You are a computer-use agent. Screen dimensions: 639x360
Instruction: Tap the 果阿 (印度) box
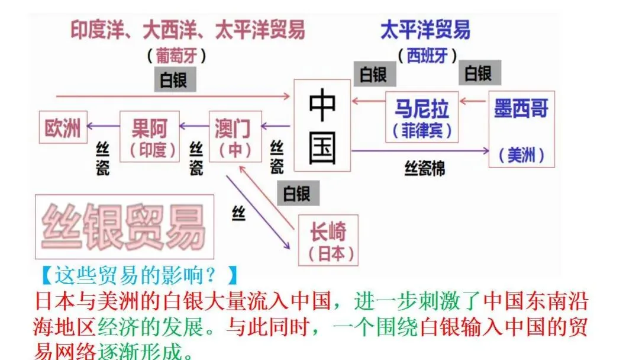(x=149, y=136)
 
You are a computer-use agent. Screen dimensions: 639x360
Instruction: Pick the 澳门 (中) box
(x=235, y=136)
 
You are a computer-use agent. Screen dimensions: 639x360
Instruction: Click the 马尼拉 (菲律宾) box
(x=422, y=117)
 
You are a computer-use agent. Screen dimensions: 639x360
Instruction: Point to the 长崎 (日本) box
(x=328, y=240)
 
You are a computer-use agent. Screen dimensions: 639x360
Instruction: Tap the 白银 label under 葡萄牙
(x=174, y=79)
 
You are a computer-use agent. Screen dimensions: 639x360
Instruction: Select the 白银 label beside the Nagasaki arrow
(x=299, y=192)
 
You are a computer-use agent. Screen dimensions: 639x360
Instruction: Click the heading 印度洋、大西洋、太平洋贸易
(x=188, y=30)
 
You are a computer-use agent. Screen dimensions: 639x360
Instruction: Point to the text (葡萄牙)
(x=177, y=56)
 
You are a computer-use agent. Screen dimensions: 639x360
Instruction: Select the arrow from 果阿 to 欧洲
(x=104, y=126)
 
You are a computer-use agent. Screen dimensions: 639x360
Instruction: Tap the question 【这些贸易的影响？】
(x=138, y=275)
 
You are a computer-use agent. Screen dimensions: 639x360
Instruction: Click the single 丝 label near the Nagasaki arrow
(x=238, y=212)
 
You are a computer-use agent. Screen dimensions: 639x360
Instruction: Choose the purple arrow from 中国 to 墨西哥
(x=420, y=152)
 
